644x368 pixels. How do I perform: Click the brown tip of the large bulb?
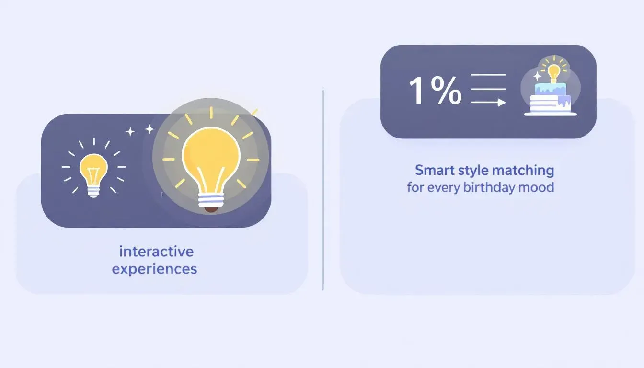pos(211,209)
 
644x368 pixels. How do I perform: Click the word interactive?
pos(156,252)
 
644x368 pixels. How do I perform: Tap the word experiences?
pos(154,269)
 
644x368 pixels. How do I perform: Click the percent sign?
pos(446,90)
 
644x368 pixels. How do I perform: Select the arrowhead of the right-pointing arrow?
pos(502,102)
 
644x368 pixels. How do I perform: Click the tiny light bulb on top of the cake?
pos(554,73)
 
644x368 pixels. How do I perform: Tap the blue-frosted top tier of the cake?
pos(551,89)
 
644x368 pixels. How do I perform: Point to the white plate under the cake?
pos(551,114)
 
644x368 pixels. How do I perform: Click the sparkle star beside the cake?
pos(537,76)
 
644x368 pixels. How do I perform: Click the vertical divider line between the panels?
pos(323,190)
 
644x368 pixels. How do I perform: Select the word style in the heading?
pos(473,171)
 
